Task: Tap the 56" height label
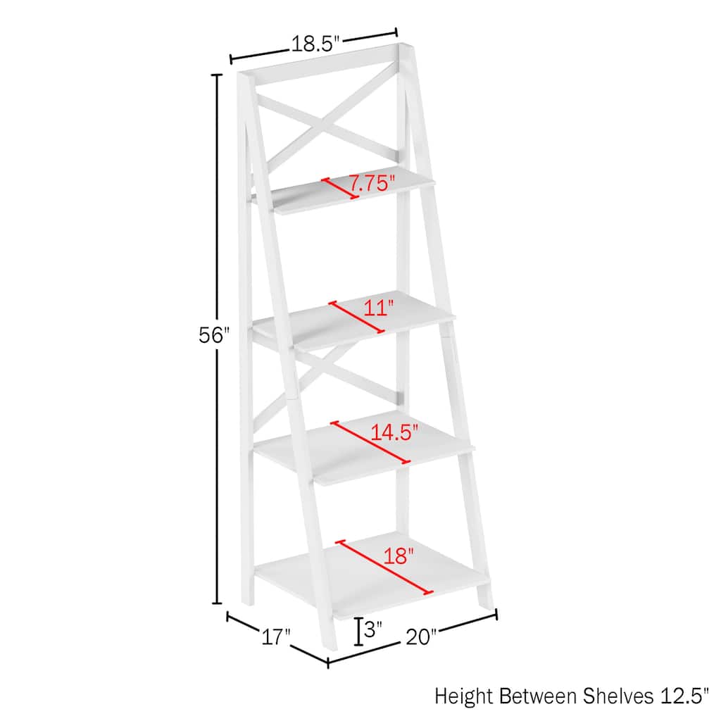[x=213, y=336]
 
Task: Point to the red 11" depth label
[x=379, y=308]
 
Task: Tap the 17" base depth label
[x=275, y=638]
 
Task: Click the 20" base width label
[x=421, y=637]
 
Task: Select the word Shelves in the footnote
[x=617, y=696]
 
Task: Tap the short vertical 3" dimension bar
[x=359, y=632]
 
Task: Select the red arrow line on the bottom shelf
[x=384, y=567]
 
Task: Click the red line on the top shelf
[x=341, y=188]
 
